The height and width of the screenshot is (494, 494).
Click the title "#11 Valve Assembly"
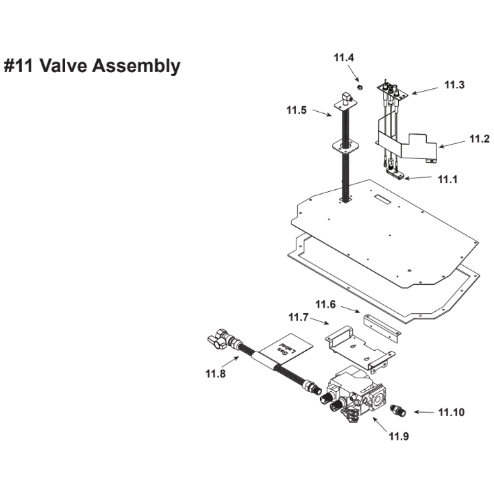point(92,65)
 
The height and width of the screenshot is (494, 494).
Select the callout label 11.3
point(454,85)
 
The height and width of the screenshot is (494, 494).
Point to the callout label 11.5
point(296,110)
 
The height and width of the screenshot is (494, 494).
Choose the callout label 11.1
point(448,179)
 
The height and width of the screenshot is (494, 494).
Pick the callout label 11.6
point(326,305)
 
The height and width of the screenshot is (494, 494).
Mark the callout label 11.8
point(215,374)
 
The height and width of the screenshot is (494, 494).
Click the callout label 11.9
point(399,436)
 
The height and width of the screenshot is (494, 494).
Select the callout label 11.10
point(452,412)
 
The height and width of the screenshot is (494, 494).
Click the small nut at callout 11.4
point(360,87)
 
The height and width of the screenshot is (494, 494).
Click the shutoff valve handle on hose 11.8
point(215,341)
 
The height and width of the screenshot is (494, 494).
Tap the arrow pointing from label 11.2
point(453,144)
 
